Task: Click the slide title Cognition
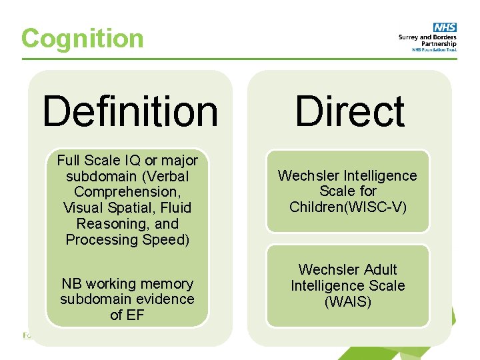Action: tap(82, 38)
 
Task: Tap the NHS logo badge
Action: tap(445, 27)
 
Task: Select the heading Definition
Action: tap(130, 111)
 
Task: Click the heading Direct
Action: tap(349, 111)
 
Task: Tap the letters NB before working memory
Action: tap(70, 284)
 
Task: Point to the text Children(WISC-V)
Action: tap(347, 207)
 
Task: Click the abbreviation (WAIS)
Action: tap(347, 302)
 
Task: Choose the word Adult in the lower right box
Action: tap(376, 270)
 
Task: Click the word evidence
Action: tap(164, 299)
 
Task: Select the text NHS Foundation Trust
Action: tap(434, 50)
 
